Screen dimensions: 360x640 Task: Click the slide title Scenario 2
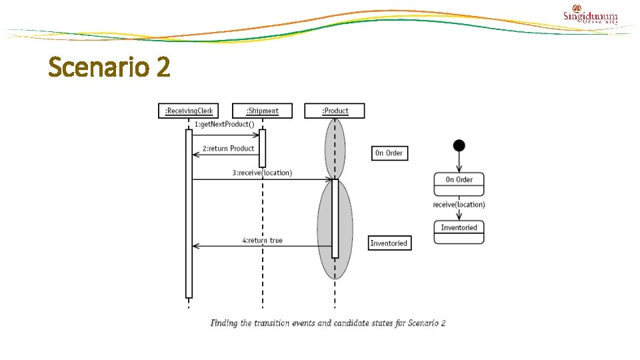[x=109, y=67]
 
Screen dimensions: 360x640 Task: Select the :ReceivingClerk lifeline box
[x=188, y=111]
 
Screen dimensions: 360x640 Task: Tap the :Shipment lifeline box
[x=262, y=111]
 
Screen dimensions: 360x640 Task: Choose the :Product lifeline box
[x=335, y=111]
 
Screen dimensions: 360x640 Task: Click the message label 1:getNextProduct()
[x=224, y=125]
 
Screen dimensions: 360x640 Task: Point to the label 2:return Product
[x=228, y=148]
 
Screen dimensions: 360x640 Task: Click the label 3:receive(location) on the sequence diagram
[x=262, y=173]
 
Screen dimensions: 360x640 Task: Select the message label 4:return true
[x=262, y=240]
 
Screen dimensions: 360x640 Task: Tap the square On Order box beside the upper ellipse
[x=389, y=153]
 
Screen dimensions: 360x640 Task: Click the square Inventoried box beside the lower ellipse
[x=389, y=243]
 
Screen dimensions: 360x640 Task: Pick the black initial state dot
[x=459, y=145]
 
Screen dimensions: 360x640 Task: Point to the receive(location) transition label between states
[x=459, y=205]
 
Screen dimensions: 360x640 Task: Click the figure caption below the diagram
[x=328, y=323]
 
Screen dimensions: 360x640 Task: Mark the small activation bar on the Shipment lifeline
[x=262, y=148]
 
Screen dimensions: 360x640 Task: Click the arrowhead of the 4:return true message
[x=195, y=246]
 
